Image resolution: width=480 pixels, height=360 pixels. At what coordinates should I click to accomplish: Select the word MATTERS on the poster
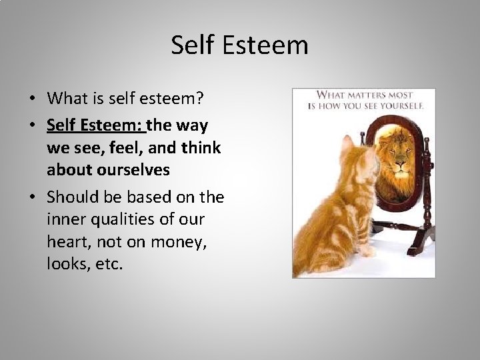pos(364,95)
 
